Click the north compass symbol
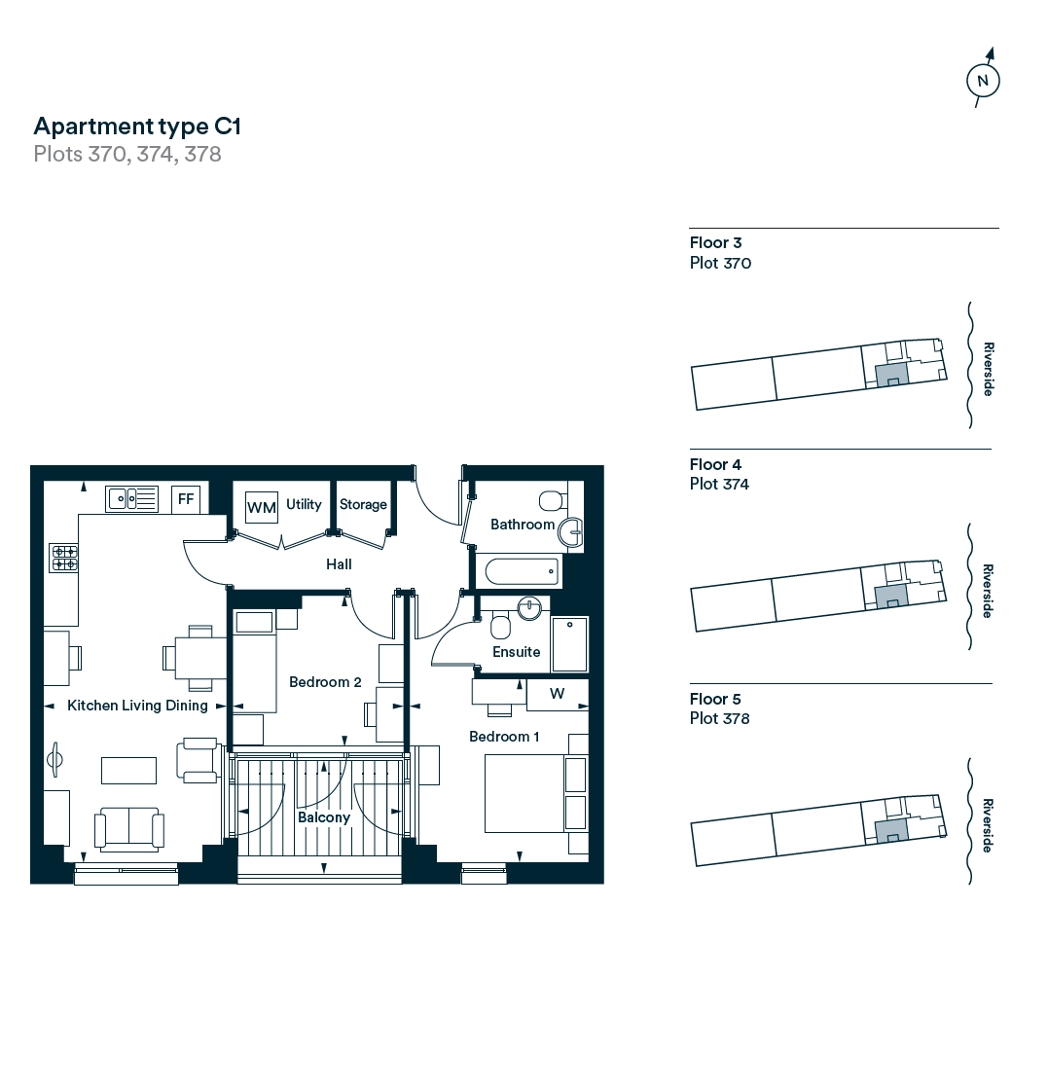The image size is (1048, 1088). coord(983,81)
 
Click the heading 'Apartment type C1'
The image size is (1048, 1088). coord(137,126)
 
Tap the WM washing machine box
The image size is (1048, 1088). coord(262,507)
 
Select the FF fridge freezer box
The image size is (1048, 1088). coord(187,500)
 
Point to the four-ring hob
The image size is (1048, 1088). coord(64,558)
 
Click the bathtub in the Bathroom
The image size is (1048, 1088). coord(519,570)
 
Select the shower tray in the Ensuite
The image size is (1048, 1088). coord(569,643)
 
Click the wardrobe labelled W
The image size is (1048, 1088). coord(557,694)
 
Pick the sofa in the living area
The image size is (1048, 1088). coord(129,828)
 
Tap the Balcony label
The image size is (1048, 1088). coord(323,817)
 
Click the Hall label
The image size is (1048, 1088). coord(339,564)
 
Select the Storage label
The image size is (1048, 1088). coord(363,504)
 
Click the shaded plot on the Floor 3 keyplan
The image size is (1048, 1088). coord(890,374)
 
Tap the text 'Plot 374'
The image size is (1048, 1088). coord(719,484)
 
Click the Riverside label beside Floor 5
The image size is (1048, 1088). coord(988,826)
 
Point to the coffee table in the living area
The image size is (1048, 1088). coord(129,770)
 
